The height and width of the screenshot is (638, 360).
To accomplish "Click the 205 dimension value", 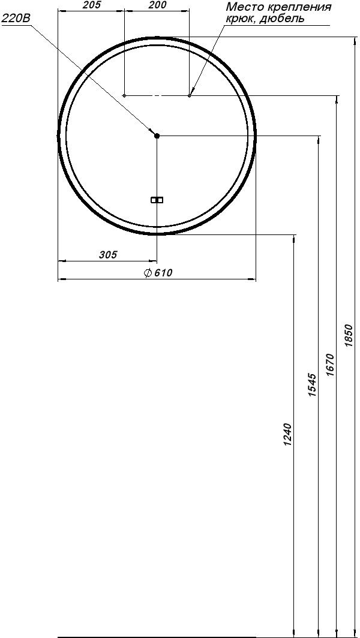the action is click(x=91, y=5).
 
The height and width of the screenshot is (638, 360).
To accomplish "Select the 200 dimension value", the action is click(x=157, y=5).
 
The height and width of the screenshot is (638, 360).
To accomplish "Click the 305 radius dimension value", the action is click(x=108, y=255).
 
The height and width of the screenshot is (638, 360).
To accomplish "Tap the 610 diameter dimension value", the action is click(x=163, y=273).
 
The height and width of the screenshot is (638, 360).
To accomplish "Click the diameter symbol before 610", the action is click(x=148, y=273).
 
